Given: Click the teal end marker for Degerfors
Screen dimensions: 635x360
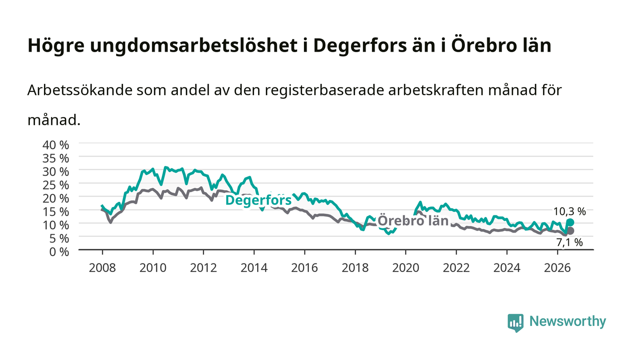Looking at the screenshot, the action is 570,223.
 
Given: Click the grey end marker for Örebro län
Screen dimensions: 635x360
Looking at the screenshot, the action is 570,231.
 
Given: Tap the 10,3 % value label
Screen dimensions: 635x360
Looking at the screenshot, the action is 570,211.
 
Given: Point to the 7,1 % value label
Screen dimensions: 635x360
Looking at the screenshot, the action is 570,243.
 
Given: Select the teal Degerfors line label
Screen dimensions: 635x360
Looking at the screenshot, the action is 258,200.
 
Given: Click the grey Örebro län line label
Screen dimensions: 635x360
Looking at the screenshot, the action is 413,221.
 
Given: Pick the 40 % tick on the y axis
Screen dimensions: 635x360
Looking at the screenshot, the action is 55,145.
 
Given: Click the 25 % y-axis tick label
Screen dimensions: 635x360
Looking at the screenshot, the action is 55,185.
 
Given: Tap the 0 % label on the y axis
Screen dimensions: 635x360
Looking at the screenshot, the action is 59,252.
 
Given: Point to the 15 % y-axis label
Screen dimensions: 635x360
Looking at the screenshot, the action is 55,212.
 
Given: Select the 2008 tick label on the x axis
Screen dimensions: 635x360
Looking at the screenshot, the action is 103,268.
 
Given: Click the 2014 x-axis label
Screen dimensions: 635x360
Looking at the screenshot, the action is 254,268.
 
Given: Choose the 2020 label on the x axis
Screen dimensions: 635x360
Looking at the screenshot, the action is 405,268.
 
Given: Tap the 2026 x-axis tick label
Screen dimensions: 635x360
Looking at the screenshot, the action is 557,268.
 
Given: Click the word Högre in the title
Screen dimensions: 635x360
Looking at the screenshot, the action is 56,46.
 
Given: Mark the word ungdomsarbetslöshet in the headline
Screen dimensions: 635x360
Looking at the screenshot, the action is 194,46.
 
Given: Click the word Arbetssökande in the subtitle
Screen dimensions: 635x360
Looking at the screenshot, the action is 80,90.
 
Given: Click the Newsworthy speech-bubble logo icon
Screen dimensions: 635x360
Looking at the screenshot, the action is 516,323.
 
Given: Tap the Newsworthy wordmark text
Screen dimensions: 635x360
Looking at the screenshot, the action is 568,321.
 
